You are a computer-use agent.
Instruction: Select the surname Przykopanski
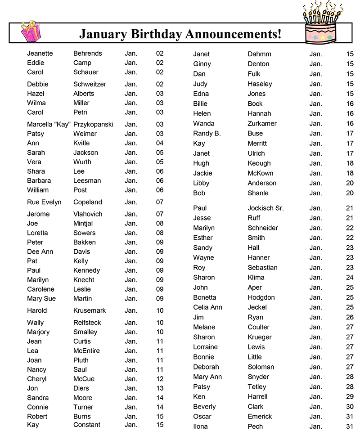(x=93, y=124)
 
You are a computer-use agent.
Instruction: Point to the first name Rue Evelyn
(x=44, y=202)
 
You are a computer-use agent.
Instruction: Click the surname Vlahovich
(x=88, y=214)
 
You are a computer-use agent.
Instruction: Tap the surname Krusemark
(x=90, y=310)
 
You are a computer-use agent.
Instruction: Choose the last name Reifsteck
(x=87, y=323)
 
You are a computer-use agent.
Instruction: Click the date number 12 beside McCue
(x=160, y=379)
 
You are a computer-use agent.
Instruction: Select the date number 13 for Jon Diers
(x=160, y=388)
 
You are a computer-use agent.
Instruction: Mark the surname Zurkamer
(x=262, y=123)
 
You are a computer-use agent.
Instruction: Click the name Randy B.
(x=207, y=133)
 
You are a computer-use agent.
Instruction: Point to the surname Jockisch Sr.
(x=265, y=208)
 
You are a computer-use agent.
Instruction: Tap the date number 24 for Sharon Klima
(x=350, y=278)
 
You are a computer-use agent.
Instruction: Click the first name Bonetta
(x=204, y=297)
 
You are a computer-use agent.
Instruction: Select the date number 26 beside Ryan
(x=350, y=317)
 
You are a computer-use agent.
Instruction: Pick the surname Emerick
(x=260, y=416)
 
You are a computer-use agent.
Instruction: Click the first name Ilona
(x=200, y=426)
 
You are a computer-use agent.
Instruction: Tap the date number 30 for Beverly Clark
(x=350, y=406)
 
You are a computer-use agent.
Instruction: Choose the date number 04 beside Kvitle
(x=160, y=143)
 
